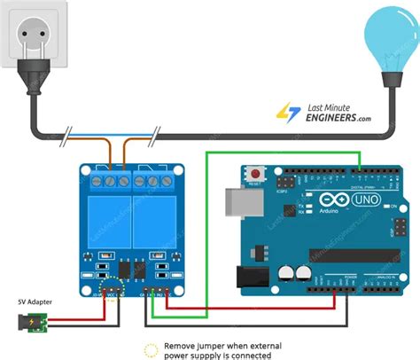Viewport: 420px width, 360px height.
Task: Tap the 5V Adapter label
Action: point(35,302)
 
